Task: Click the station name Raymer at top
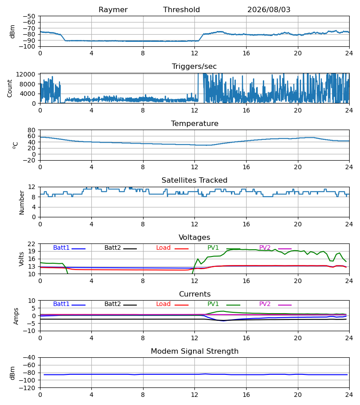pyautogui.click(x=113, y=10)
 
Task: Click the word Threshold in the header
pyautogui.click(x=181, y=10)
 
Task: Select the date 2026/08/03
pyautogui.click(x=269, y=10)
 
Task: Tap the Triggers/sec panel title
pyautogui.click(x=194, y=67)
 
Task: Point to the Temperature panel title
pyautogui.click(x=194, y=123)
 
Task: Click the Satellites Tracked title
pyautogui.click(x=194, y=180)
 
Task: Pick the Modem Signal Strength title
pyautogui.click(x=194, y=351)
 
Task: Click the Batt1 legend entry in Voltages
pyautogui.click(x=61, y=247)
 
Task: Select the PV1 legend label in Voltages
pyautogui.click(x=213, y=247)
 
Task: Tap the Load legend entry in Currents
pyautogui.click(x=163, y=304)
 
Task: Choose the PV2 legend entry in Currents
pyautogui.click(x=265, y=304)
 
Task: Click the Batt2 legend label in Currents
pyautogui.click(x=112, y=304)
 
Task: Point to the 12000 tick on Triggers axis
pyautogui.click(x=26, y=74)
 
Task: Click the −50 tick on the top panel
pyautogui.click(x=29, y=16)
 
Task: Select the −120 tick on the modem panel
pyautogui.click(x=27, y=388)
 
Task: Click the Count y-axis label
pyautogui.click(x=10, y=88)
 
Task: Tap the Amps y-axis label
pyautogui.click(x=16, y=316)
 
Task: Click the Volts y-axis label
pyautogui.click(x=21, y=259)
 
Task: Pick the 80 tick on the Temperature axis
pyautogui.click(x=31, y=130)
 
